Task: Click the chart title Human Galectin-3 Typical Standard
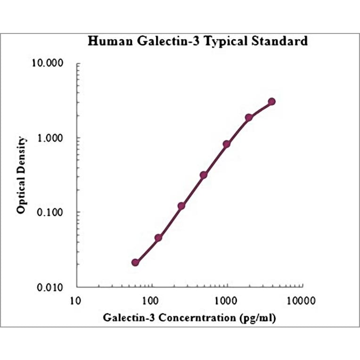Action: click(198, 41)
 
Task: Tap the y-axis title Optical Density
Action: click(21, 175)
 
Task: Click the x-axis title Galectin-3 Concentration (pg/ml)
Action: click(189, 318)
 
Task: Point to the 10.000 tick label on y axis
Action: click(51, 64)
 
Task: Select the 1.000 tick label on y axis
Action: click(53, 138)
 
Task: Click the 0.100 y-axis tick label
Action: click(53, 213)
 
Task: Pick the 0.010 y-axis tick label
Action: click(53, 287)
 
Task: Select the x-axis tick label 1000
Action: click(227, 300)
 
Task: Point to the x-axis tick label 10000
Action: click(302, 300)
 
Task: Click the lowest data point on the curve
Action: click(135, 262)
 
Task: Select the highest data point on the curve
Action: click(271, 102)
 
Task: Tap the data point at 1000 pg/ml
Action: click(227, 144)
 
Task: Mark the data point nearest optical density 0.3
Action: click(204, 175)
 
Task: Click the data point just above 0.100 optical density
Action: click(181, 206)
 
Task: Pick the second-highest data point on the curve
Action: click(249, 117)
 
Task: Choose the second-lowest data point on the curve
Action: click(158, 237)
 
